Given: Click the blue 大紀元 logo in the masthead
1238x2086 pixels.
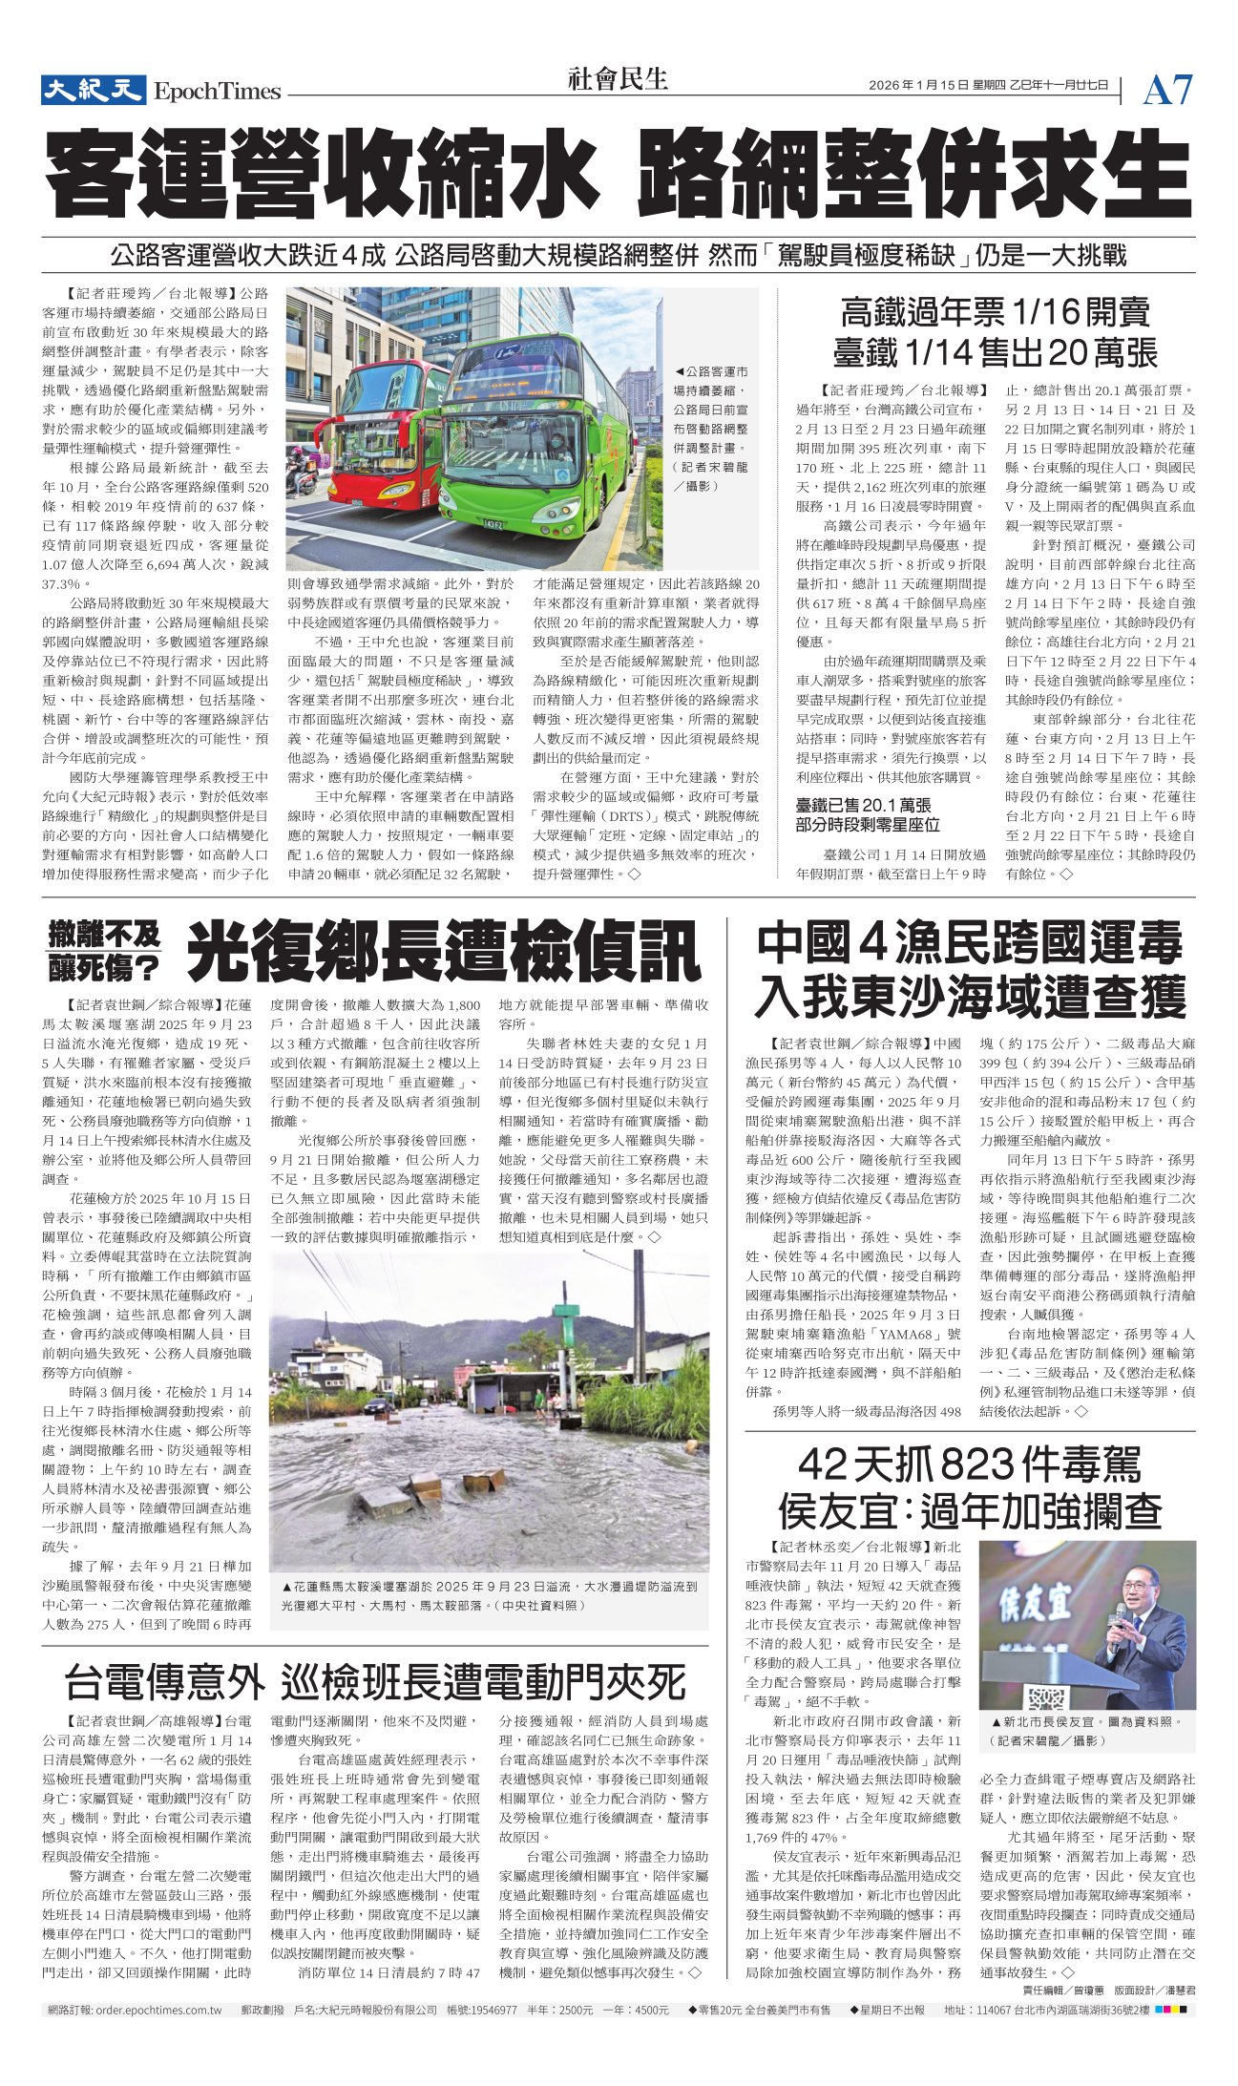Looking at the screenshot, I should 93,90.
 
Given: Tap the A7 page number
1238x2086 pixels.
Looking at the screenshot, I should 1166,91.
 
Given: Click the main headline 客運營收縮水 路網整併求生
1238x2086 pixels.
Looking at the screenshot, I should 619,178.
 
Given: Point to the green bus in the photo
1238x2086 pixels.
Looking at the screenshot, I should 530,439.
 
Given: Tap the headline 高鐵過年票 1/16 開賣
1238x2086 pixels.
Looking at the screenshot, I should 995,312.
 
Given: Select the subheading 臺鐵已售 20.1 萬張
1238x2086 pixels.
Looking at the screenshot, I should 863,805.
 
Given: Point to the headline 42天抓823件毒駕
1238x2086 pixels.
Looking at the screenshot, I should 970,1464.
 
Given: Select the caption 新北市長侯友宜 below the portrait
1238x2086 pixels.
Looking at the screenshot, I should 1086,1723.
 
